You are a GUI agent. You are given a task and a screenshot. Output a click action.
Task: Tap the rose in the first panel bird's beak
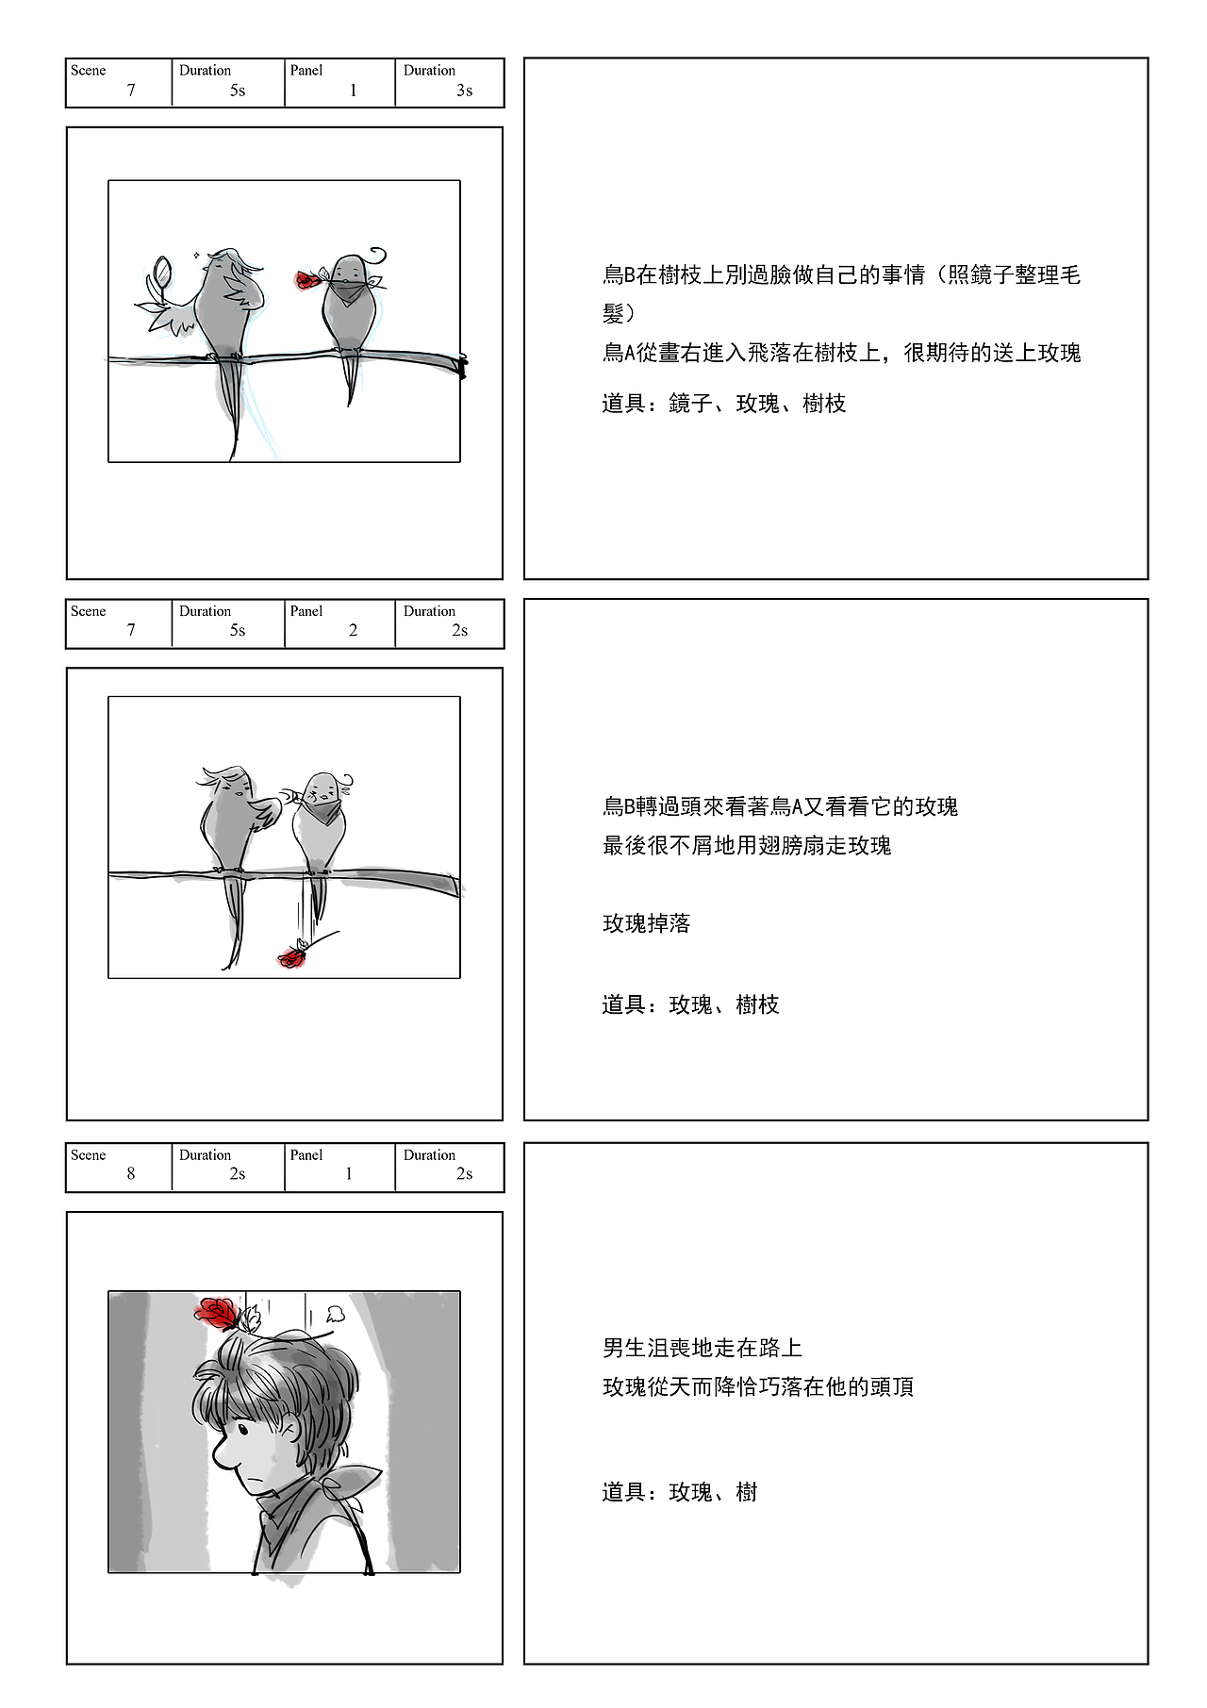point(306,280)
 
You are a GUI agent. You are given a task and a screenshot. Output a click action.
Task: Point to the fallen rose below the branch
point(291,958)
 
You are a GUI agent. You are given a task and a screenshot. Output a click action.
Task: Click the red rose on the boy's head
point(218,1312)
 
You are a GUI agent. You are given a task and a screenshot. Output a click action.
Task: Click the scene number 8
point(131,1174)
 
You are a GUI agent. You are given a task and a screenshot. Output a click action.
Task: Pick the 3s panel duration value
point(464,91)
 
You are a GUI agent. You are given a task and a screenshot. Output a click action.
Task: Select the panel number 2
point(353,631)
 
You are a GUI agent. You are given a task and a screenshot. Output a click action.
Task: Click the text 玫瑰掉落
point(647,924)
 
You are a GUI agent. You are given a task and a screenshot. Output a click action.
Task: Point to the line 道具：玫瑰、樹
point(680,1492)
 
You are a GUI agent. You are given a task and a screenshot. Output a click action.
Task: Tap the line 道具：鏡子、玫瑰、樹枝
point(724,404)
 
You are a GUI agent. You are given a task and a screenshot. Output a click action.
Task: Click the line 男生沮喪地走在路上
point(703,1349)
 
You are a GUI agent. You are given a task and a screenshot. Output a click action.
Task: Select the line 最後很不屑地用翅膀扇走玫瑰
point(747,846)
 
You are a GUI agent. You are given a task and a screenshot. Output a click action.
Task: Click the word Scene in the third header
point(89,1155)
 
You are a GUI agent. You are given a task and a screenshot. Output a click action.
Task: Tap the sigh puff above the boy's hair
point(334,1313)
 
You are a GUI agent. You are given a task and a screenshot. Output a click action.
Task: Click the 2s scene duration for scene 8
point(238,1174)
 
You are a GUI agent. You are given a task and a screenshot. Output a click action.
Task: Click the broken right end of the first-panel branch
point(462,366)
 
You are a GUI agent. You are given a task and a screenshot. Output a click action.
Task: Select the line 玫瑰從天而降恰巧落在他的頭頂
point(758,1387)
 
